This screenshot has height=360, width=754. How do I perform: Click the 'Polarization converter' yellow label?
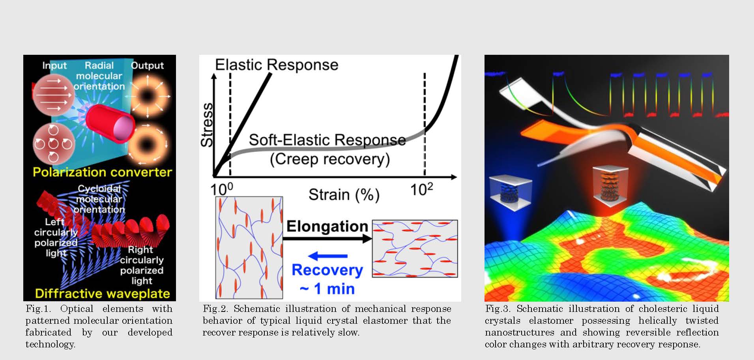click(x=102, y=172)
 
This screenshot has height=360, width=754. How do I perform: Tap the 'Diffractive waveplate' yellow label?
click(x=102, y=294)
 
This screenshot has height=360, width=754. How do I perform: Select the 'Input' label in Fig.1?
click(x=54, y=65)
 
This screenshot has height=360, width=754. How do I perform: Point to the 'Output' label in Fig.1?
click(x=147, y=65)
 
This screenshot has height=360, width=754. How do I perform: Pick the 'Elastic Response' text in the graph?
click(x=277, y=65)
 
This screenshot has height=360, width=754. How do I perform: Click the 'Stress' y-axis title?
click(x=207, y=125)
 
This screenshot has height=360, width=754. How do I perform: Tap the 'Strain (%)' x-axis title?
click(x=344, y=195)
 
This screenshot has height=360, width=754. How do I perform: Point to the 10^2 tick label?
click(x=421, y=189)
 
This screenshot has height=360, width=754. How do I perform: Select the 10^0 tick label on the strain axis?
click(x=222, y=189)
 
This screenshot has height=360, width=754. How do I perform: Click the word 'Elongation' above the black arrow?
click(x=327, y=226)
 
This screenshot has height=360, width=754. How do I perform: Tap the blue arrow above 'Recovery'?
click(x=327, y=256)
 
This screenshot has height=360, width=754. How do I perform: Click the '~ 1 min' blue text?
click(x=327, y=289)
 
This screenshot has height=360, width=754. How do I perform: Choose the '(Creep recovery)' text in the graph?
click(x=330, y=159)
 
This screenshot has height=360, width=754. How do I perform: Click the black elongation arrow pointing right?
click(x=327, y=238)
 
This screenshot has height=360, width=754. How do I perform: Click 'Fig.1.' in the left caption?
click(x=38, y=309)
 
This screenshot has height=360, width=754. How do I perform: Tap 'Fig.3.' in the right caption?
click(x=497, y=309)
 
